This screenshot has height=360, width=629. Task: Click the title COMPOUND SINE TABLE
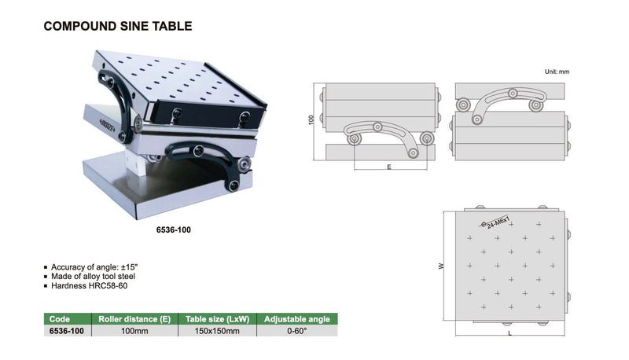click(117, 27)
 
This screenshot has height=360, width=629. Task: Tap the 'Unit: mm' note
click(556, 72)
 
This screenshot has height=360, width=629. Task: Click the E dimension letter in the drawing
click(390, 167)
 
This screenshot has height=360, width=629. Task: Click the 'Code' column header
click(60, 319)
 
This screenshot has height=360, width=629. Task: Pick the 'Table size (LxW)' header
click(216, 319)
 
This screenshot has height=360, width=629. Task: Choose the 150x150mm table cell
click(216, 332)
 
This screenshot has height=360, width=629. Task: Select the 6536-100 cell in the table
click(66, 332)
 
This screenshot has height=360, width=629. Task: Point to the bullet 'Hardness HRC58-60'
click(87, 287)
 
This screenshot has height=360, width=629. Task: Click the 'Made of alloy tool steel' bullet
click(96, 277)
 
